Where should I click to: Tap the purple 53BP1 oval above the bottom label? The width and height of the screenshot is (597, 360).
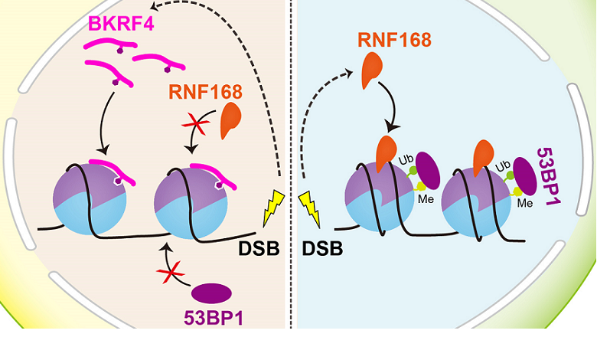click(x=211, y=293)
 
